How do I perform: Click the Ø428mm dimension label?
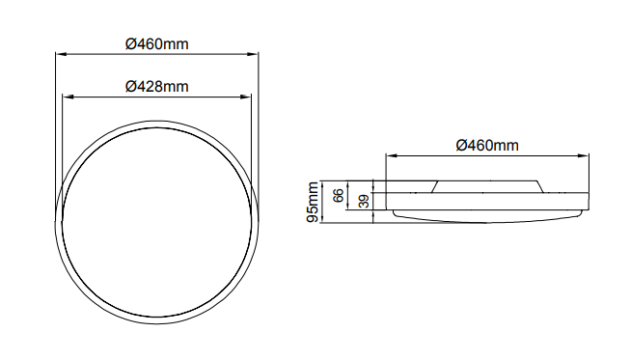(x=157, y=87)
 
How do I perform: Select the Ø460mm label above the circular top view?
(x=157, y=43)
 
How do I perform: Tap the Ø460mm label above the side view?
(x=487, y=146)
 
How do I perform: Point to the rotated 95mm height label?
(x=313, y=202)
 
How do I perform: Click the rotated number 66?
(x=339, y=195)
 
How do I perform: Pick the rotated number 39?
(x=364, y=202)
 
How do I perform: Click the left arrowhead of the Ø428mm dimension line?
(x=68, y=97)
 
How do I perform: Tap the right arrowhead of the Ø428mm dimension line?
(x=246, y=97)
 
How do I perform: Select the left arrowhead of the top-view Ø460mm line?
(x=61, y=53)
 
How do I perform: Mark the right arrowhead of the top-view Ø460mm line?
(x=253, y=53)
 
